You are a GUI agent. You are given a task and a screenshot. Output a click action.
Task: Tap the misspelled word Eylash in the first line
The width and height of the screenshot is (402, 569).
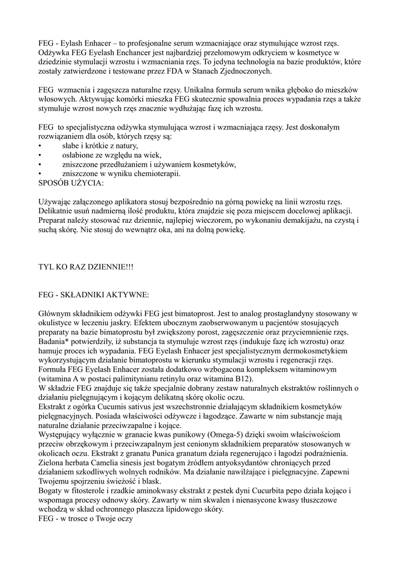click(x=71, y=42)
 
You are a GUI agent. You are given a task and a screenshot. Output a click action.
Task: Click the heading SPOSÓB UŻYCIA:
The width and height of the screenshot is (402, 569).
click(x=70, y=183)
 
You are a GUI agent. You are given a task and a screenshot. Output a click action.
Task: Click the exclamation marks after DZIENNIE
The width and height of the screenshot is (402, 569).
click(x=127, y=267)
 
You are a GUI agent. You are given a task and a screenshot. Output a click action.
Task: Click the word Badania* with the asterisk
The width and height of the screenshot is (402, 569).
click(x=57, y=342)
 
